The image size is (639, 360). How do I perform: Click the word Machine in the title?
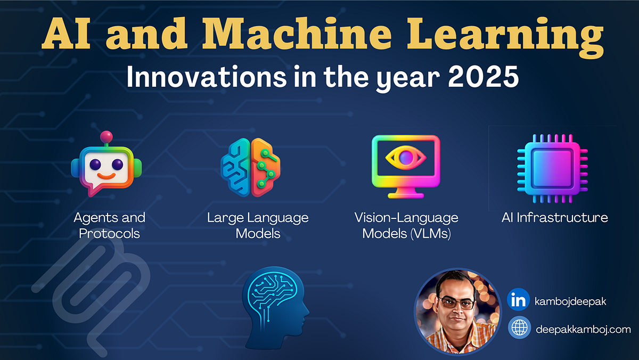point(297,34)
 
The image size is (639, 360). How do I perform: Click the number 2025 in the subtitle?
point(483,77)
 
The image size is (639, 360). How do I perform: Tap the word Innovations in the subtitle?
point(207,77)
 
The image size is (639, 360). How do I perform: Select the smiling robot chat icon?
point(106,164)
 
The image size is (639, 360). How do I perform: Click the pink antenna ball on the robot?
point(106,137)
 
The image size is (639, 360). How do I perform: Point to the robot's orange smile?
point(106,176)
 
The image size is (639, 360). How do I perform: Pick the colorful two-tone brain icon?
point(250,167)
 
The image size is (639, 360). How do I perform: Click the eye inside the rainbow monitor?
point(406,158)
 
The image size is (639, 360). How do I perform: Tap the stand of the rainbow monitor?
point(406,193)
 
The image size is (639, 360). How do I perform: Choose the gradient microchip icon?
point(553,168)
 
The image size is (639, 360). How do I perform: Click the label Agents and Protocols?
point(109,226)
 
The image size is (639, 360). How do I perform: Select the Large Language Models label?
point(258,226)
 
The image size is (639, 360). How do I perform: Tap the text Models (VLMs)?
point(406,234)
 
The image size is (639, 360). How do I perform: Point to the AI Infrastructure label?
point(554,218)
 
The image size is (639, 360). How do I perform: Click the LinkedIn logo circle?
point(518,299)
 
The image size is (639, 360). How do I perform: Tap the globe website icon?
point(519,328)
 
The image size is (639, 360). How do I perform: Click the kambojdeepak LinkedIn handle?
point(570,301)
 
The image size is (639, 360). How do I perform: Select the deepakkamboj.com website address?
point(584,330)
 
